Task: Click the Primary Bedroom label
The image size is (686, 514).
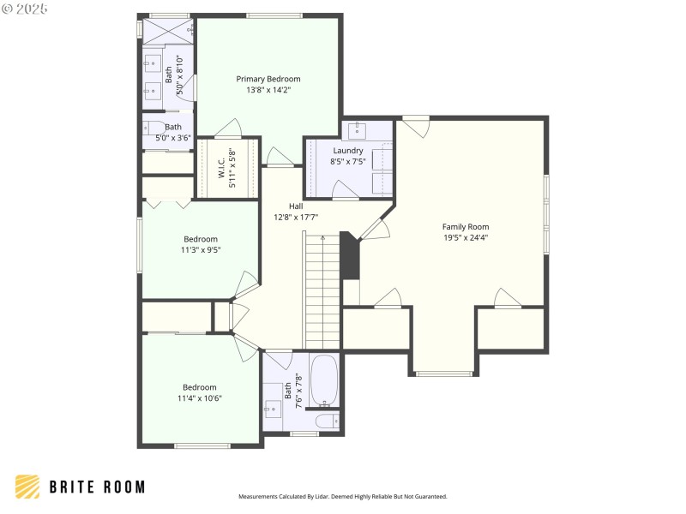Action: click(x=268, y=79)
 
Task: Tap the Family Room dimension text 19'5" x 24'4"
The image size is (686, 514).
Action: click(x=466, y=237)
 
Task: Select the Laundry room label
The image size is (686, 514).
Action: click(x=347, y=150)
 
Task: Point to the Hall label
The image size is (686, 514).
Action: click(x=296, y=206)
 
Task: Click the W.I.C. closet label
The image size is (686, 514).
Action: click(x=221, y=169)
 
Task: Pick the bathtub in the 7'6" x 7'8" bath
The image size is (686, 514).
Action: click(x=323, y=380)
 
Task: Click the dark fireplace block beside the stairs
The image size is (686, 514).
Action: click(x=350, y=255)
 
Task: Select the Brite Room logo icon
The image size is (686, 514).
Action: click(x=27, y=487)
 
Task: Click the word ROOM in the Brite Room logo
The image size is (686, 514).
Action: click(x=121, y=487)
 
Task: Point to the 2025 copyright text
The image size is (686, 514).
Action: click(x=25, y=9)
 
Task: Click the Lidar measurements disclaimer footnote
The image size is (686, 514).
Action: click(x=342, y=496)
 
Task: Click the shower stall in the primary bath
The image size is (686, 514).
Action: click(x=167, y=31)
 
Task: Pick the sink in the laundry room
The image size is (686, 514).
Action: click(x=356, y=130)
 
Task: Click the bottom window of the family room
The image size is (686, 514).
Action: click(x=443, y=374)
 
